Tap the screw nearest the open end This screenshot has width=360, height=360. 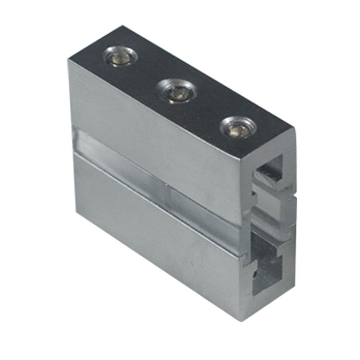coord(239,128)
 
